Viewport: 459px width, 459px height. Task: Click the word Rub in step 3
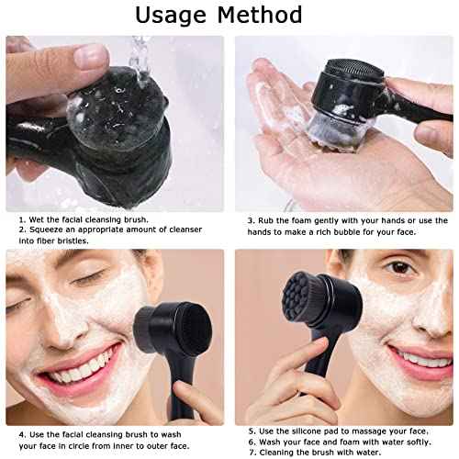click(265, 220)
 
